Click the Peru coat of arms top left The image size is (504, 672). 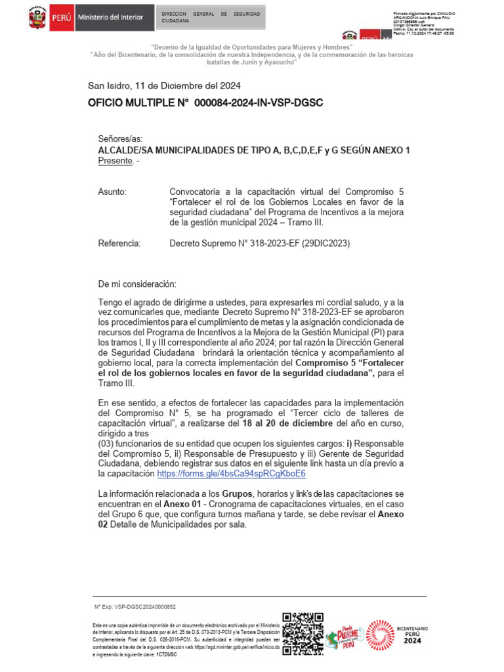pos(37,18)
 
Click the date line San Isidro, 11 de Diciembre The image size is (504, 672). pos(164,85)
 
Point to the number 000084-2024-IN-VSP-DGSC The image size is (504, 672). pos(259,103)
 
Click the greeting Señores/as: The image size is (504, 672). pos(120,139)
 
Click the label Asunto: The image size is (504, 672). pos(112,190)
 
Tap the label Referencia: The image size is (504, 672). pos(119,243)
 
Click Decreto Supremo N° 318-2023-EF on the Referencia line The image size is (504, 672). pos(234,243)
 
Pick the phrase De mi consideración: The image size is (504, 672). pos(137,284)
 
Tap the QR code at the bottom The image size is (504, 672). pos(303,634)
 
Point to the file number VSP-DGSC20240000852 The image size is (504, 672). pos(142,607)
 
